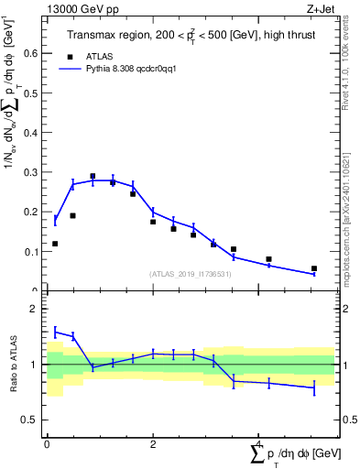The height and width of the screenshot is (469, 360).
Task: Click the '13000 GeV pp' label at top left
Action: (x=79, y=8)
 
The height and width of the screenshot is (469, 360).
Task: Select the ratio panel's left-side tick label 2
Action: (x=34, y=310)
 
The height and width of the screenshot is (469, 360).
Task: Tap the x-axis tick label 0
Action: (x=47, y=444)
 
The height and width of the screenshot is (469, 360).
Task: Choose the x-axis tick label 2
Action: (x=153, y=444)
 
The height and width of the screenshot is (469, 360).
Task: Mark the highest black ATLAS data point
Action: (x=93, y=176)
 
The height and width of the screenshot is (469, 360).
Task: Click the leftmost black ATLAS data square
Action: (x=55, y=244)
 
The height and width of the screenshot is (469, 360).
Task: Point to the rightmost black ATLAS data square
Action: (x=314, y=268)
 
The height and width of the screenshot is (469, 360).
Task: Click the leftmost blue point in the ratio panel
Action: (x=55, y=331)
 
